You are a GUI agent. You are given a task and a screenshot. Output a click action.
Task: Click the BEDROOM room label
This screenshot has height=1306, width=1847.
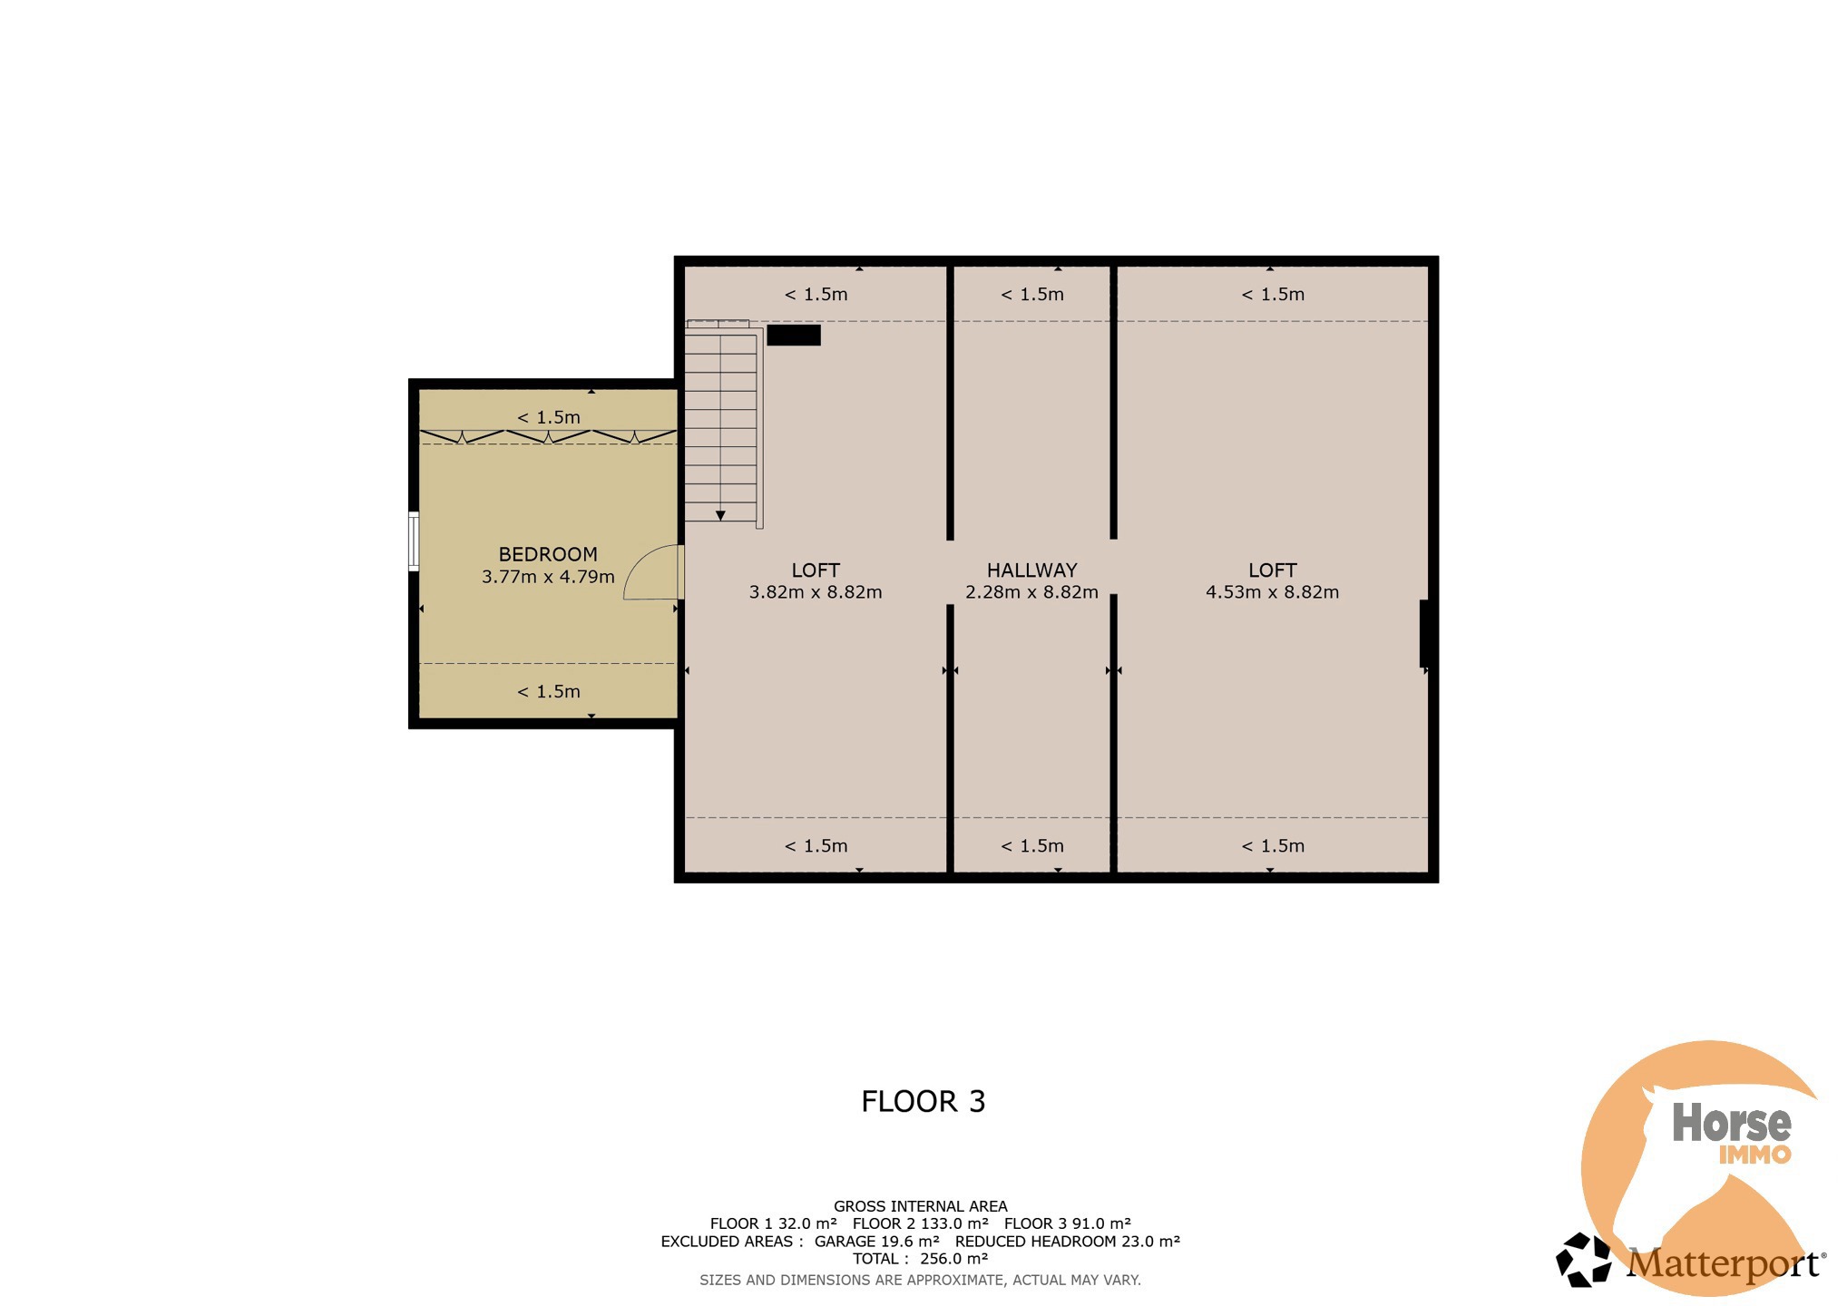pos(548,554)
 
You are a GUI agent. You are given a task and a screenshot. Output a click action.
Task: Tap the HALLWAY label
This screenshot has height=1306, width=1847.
pos(1032,570)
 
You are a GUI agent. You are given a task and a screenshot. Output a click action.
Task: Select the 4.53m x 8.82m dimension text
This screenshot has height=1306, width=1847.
pos(1272,592)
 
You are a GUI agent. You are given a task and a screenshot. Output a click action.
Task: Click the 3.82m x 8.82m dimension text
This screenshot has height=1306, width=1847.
pos(816,592)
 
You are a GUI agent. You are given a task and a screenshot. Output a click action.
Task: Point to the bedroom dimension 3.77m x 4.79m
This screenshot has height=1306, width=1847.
pos(548,577)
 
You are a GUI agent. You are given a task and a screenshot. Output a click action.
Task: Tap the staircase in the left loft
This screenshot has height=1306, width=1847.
pos(723,423)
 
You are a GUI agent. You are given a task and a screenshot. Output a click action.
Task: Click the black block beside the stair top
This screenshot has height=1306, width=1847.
pos(794,335)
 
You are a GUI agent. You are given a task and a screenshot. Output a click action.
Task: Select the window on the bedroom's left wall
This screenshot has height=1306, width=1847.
pos(414,541)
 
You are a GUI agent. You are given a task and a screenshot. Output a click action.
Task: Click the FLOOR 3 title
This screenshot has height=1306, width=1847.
pos(923,1101)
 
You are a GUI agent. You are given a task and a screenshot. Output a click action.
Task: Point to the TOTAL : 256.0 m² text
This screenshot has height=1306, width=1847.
pos(920,1259)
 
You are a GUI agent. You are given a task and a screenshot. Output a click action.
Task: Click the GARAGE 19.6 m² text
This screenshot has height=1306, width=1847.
pos(877,1242)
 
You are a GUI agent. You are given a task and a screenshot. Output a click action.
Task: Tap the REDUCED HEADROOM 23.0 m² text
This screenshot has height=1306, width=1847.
pos(1068,1242)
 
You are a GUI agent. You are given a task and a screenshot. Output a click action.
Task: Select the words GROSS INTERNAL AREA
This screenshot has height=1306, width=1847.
pos(921,1206)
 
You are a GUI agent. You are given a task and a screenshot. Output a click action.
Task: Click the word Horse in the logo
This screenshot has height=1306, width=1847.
pos(1732,1123)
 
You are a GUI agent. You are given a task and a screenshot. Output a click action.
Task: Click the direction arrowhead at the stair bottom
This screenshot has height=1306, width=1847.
pos(720,516)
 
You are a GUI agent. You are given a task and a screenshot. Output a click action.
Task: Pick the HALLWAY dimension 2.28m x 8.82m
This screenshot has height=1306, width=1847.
pos(1032,592)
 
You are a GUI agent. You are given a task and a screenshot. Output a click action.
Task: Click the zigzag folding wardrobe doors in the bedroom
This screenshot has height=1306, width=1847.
pos(548,436)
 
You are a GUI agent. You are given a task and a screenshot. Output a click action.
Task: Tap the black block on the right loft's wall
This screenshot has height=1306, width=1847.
pos(1425,633)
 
